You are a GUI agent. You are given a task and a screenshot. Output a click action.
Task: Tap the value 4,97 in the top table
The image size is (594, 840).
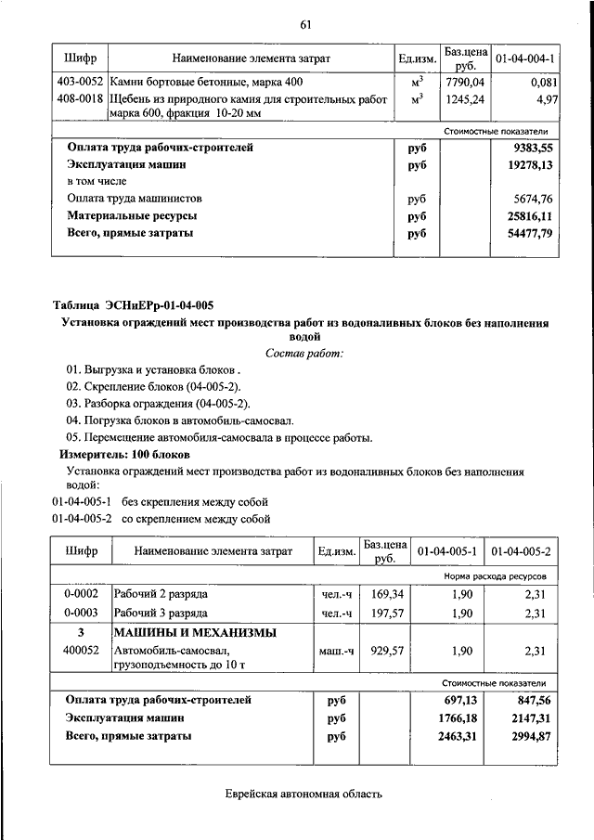tap(546, 98)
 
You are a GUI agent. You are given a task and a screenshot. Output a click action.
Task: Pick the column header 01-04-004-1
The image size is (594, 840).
tap(525, 59)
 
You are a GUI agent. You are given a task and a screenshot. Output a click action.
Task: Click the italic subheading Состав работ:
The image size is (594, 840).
tap(304, 354)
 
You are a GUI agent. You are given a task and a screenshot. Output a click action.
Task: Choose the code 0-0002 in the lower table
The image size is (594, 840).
tap(81, 593)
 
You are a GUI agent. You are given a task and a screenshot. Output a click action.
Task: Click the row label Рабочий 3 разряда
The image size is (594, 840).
tap(161, 614)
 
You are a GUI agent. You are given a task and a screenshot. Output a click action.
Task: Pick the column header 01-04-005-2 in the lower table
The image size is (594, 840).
tap(522, 551)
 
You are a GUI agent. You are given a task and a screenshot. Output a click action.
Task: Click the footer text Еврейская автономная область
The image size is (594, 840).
tap(303, 795)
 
